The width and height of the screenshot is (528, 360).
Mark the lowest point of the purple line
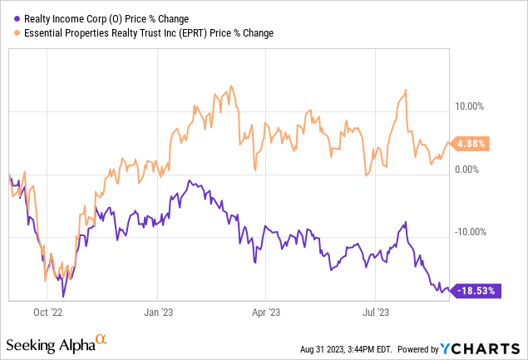pyautogui.click(x=63, y=296)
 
